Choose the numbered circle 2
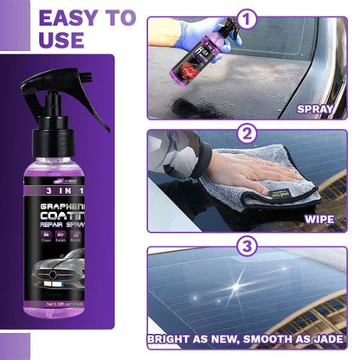pyautogui.click(x=248, y=134)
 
